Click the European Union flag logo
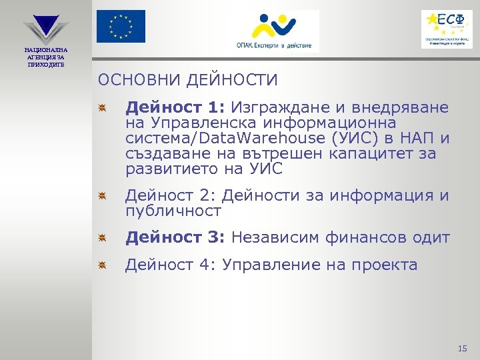click(x=120, y=27)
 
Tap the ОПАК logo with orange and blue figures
click(x=273, y=31)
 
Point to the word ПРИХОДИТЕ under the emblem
click(x=45, y=64)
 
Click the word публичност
click(x=172, y=211)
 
